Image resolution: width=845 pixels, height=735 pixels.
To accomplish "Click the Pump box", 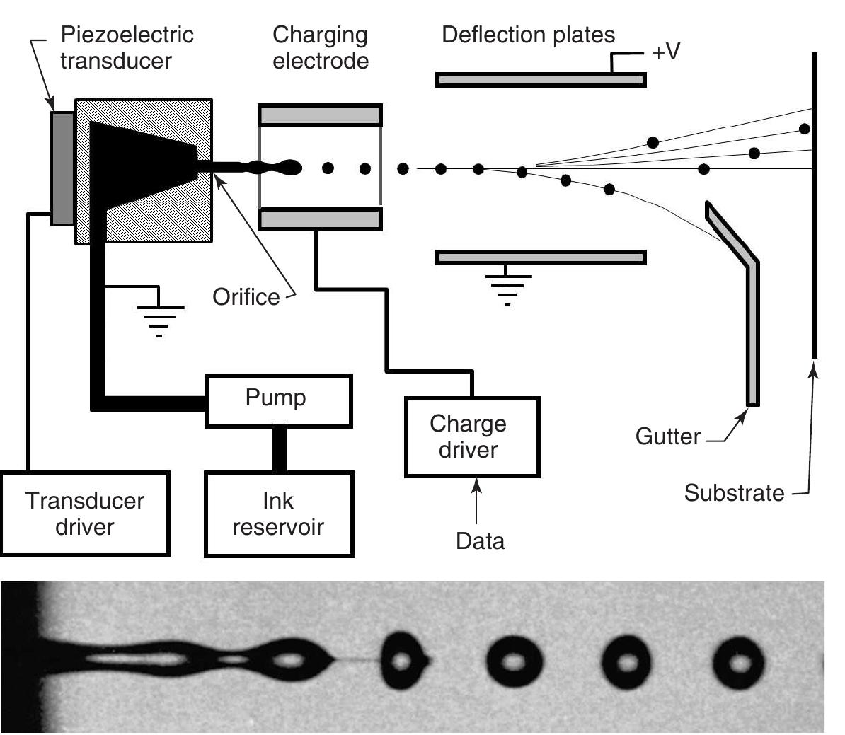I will (x=278, y=401).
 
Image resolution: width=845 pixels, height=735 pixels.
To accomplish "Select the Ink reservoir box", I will (x=278, y=514).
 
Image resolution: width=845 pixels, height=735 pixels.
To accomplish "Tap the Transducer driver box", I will (x=85, y=514).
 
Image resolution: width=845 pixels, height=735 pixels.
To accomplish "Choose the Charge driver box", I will (x=472, y=437).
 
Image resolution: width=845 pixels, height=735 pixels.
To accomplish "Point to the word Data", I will (x=480, y=541).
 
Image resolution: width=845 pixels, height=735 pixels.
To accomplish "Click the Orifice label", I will (x=246, y=297).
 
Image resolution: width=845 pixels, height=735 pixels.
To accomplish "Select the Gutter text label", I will (x=667, y=436).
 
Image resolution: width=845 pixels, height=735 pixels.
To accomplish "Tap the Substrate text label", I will (x=734, y=493).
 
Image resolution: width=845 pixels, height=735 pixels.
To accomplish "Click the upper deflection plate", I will (x=541, y=80).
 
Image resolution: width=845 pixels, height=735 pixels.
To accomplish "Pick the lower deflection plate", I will (x=541, y=257).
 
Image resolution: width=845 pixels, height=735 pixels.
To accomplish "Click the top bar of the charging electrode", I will (x=321, y=115).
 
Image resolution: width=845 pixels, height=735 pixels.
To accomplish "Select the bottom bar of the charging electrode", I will (x=321, y=219).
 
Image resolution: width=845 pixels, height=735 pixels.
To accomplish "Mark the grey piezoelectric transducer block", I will (x=62, y=168).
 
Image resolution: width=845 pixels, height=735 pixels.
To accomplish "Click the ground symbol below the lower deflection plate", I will (x=507, y=287).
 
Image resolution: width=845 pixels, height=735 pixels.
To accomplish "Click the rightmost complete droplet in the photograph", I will (x=740, y=664).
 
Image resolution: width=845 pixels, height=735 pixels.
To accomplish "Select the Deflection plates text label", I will (x=528, y=35).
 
